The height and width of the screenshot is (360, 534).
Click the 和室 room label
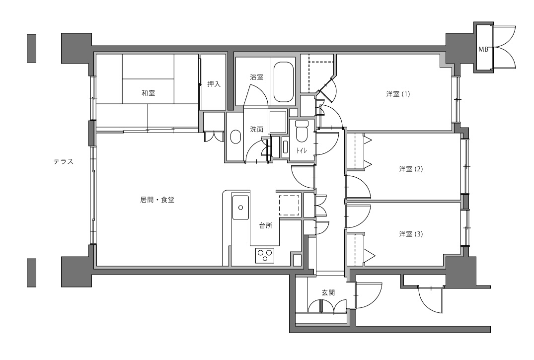(148, 93)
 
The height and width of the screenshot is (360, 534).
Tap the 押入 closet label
(214, 84)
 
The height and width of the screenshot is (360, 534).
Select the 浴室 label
(256, 77)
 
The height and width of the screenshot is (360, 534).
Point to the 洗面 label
(256, 129)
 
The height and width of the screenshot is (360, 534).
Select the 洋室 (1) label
(398, 94)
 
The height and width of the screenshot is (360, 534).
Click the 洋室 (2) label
(411, 169)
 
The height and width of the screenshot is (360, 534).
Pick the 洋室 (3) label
(411, 234)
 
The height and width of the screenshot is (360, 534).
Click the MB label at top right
(483, 49)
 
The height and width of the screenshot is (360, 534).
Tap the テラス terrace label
(64, 161)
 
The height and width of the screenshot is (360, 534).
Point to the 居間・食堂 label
(157, 201)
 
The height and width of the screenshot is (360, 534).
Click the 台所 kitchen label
(266, 225)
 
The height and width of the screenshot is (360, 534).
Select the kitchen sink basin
(240, 208)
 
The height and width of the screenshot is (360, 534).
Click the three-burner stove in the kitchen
(264, 255)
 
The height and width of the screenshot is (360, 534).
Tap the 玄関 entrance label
(328, 293)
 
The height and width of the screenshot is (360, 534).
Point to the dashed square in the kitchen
(289, 205)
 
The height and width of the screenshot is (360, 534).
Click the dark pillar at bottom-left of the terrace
(32, 272)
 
